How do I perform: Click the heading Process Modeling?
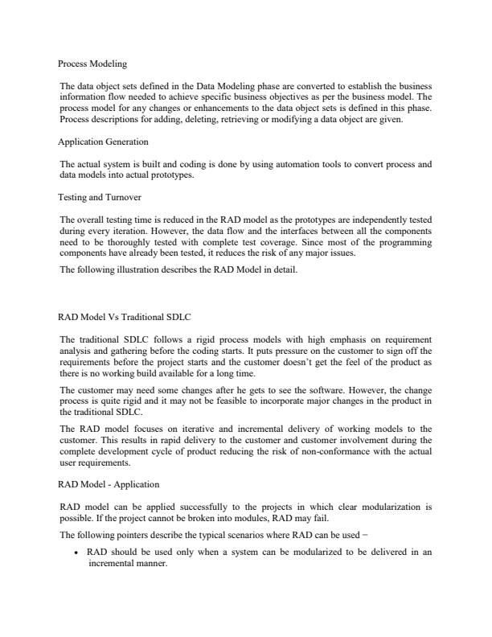coord(92,62)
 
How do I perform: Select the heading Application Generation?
coord(103,142)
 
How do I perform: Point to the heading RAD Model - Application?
coord(109,484)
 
